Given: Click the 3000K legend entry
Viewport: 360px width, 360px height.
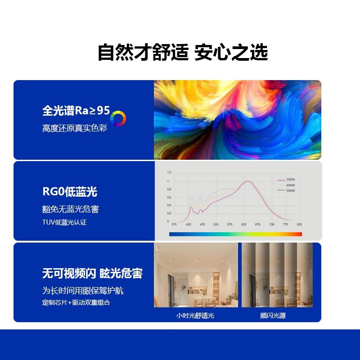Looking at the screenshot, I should (x=290, y=180).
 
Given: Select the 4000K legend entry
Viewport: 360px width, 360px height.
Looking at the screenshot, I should (x=290, y=185).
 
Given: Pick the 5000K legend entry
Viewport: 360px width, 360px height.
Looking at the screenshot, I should (x=290, y=190).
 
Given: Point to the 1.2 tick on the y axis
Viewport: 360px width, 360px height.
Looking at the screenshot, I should (x=169, y=172).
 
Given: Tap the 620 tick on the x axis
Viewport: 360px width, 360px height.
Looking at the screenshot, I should (x=244, y=224).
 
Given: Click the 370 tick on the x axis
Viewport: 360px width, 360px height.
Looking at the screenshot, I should (x=174, y=224).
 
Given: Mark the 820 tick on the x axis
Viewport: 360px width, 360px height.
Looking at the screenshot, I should (x=299, y=224).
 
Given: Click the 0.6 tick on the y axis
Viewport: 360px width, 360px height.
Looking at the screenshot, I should (x=169, y=197).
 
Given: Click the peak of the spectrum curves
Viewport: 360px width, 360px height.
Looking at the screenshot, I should (x=247, y=181).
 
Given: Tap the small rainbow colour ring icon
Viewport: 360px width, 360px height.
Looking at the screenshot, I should (x=118, y=119).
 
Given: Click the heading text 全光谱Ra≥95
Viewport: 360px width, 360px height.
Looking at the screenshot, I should (x=76, y=111).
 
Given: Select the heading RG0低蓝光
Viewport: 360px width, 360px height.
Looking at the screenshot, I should (x=70, y=192).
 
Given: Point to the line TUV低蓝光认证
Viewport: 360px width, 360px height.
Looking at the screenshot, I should (x=64, y=222).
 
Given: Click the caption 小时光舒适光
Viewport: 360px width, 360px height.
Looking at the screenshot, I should (x=195, y=315).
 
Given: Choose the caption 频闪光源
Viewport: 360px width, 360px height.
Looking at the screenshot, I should (x=273, y=315).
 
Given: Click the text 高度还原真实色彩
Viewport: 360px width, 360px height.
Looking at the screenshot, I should (x=75, y=128).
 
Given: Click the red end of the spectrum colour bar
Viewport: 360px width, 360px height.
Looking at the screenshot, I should (x=299, y=234).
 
